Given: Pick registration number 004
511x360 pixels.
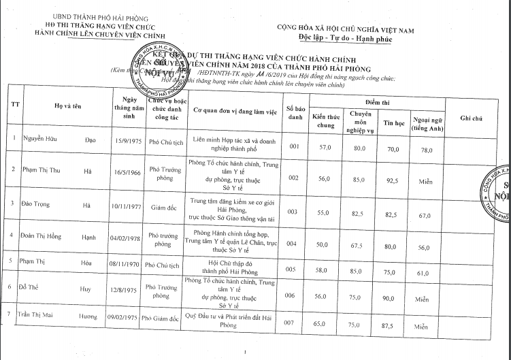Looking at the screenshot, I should tap(294, 242).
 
